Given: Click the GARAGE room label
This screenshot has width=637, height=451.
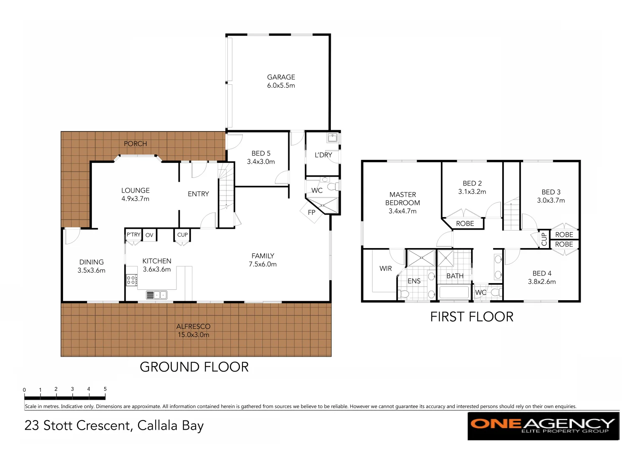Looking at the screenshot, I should [x=281, y=77].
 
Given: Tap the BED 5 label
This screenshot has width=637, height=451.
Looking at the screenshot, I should [x=261, y=153].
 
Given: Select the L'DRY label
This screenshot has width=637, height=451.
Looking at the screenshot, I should [x=323, y=155].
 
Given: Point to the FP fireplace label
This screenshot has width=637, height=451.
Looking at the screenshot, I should [x=311, y=213].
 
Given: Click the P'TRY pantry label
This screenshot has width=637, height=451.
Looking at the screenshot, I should [x=133, y=235].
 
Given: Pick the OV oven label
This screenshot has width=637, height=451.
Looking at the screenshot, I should [x=149, y=235].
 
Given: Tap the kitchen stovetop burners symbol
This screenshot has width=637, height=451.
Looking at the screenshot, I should [x=131, y=280].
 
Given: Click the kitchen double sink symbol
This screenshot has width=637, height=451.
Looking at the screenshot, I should [x=156, y=295].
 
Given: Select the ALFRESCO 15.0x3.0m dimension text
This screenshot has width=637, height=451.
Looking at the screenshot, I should [x=194, y=335].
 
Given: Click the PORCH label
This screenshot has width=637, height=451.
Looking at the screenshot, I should [x=135, y=144].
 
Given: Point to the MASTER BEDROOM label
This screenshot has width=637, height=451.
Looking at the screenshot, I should [x=403, y=199].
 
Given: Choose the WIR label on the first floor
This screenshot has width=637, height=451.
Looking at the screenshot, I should [x=385, y=269].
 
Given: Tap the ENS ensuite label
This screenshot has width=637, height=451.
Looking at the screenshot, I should [x=414, y=281].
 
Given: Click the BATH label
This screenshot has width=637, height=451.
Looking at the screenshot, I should [x=455, y=276].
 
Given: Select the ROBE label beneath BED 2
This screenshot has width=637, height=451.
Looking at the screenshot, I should [x=465, y=224].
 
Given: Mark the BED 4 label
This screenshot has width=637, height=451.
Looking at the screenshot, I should [x=542, y=274].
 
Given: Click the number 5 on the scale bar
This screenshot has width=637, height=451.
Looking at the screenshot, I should [x=105, y=389].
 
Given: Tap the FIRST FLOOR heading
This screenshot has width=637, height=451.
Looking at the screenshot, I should [x=471, y=317].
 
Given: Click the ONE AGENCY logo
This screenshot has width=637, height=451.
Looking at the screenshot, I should [x=543, y=426].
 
